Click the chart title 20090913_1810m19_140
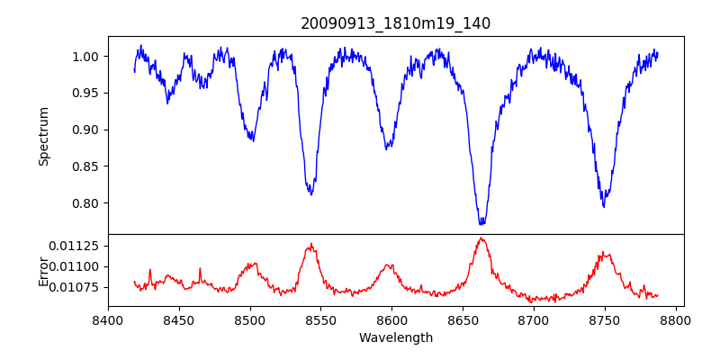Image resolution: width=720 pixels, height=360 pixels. pos(395,23)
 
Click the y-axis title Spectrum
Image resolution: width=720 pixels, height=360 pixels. pos(43,136)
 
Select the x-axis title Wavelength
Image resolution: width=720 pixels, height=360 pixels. pos(395,337)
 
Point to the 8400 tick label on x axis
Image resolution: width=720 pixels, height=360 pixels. pos(108,319)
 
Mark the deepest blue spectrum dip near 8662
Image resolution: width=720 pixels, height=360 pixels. pos(481,222)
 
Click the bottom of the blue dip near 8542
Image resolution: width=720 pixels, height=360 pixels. pos(310,193)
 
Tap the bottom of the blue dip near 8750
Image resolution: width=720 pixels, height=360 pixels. pos(604,206)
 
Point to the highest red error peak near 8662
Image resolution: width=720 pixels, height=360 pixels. pos(481,238)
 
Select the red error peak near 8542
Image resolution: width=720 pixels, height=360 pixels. pos(310,244)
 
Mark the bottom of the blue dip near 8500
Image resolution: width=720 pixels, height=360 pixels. pos(253,140)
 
